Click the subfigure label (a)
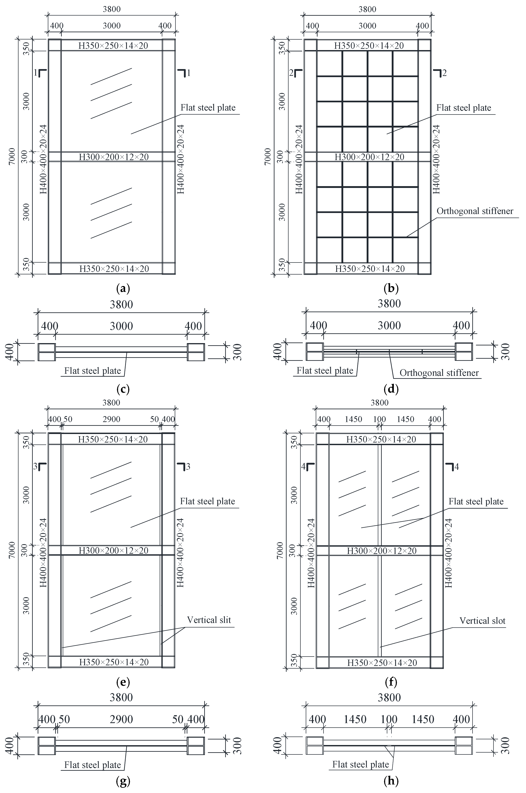[x=122, y=288]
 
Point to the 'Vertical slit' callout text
[x=209, y=620]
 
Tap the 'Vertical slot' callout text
[x=482, y=621]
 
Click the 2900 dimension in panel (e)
[x=111, y=419]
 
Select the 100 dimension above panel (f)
[x=379, y=419]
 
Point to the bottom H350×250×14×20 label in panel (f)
[x=382, y=663]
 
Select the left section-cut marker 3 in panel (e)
[x=40, y=466]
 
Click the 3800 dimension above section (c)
[x=122, y=304]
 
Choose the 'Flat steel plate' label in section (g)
[x=93, y=765]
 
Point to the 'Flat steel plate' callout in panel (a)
[x=208, y=108]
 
